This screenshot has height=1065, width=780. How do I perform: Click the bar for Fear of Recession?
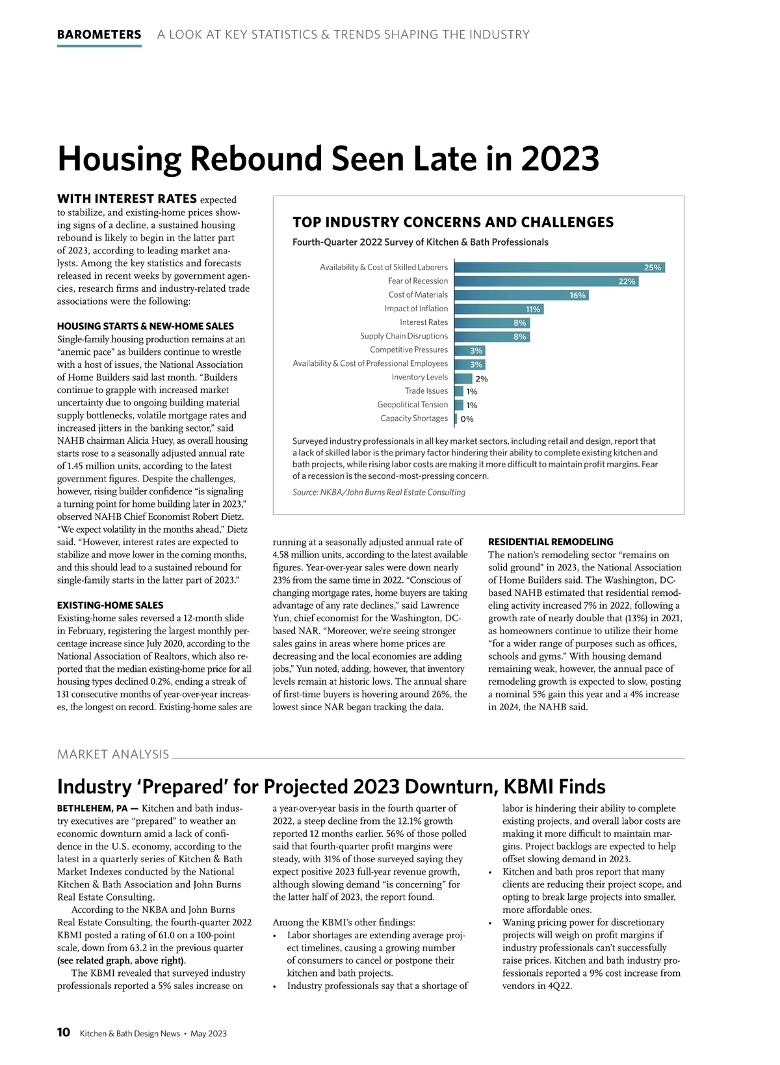[546, 281]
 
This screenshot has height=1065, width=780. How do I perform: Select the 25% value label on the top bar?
[652, 268]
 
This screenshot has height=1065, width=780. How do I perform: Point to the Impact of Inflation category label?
[416, 309]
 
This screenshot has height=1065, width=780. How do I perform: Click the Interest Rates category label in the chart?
[424, 322]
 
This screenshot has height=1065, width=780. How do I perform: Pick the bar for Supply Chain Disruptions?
[492, 337]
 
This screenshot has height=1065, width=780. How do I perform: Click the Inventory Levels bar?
[463, 378]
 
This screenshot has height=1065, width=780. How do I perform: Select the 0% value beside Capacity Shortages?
[467, 419]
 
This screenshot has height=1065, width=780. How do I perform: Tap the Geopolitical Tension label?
[412, 405]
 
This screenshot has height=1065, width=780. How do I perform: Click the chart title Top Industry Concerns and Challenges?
[453, 222]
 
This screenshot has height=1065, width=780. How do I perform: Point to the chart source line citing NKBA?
[379, 493]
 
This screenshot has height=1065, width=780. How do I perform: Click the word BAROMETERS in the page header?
[99, 34]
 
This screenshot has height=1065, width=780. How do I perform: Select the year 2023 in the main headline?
[560, 159]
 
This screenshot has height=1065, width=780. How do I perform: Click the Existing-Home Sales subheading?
[110, 605]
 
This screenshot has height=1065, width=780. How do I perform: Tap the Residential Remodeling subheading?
[551, 542]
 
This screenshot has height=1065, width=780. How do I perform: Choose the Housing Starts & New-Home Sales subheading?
[145, 326]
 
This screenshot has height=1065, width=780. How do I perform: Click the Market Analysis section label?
[113, 754]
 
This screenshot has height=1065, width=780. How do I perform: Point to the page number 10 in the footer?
[64, 1033]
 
